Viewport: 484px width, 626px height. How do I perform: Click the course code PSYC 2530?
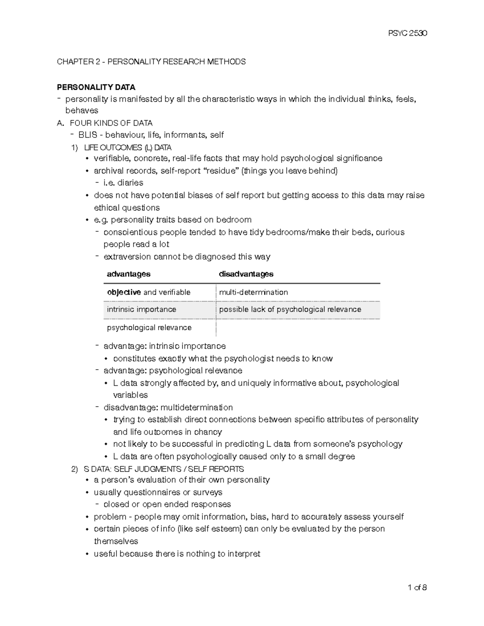[407, 33]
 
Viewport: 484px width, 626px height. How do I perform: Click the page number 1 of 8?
[417, 587]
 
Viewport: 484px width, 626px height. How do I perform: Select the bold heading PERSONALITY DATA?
[96, 87]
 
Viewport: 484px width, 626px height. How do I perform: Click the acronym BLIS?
[88, 135]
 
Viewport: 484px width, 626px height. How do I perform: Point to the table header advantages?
[128, 274]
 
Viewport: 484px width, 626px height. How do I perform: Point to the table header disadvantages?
[246, 274]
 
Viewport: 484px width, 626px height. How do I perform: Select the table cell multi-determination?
[253, 292]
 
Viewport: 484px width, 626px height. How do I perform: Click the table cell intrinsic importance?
[141, 310]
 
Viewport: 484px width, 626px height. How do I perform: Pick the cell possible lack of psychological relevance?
[290, 310]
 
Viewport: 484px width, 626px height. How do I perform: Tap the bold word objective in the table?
[124, 292]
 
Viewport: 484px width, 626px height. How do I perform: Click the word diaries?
[130, 183]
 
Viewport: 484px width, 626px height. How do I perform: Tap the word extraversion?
[127, 257]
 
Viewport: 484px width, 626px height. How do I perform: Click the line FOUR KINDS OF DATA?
[111, 123]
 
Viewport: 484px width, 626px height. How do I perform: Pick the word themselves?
[116, 541]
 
